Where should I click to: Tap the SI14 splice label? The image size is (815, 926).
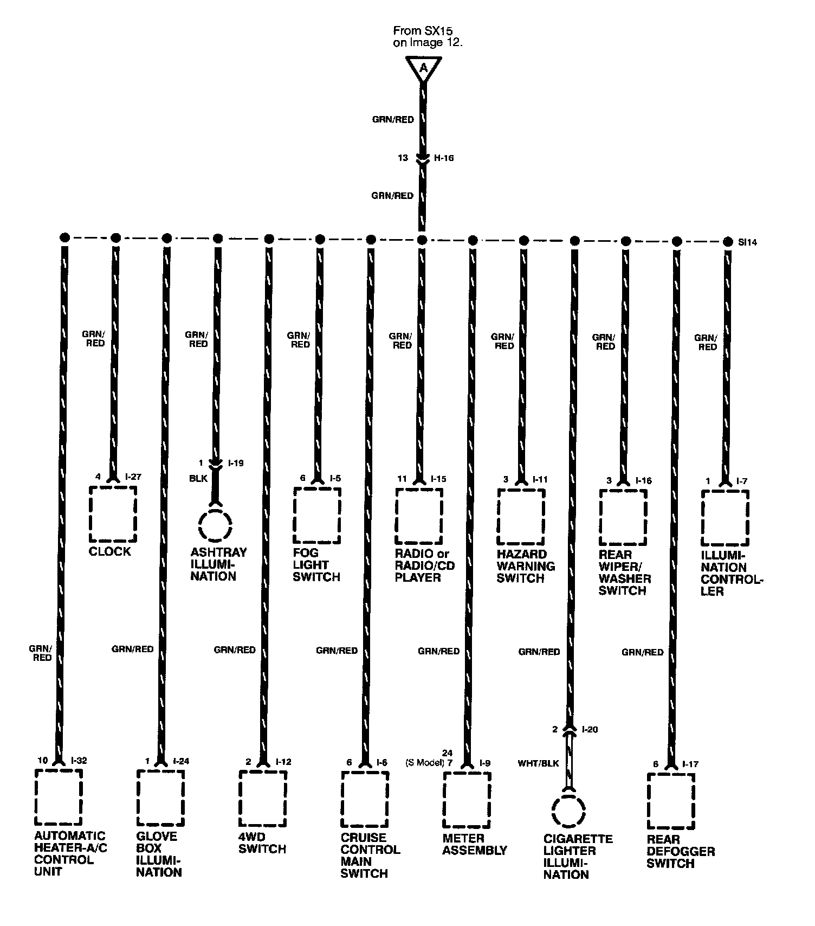click(x=747, y=242)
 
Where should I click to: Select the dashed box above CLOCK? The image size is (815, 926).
click(x=113, y=513)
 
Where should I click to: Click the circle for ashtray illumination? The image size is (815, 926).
click(x=215, y=525)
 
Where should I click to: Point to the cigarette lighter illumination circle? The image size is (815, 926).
click(x=568, y=812)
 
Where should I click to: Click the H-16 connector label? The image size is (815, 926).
click(x=444, y=158)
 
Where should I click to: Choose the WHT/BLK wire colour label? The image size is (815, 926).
click(x=538, y=763)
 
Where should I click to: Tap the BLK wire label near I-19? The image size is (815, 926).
click(x=198, y=479)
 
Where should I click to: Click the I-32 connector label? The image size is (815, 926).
click(x=78, y=761)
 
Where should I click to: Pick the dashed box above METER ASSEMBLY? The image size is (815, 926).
click(x=467, y=799)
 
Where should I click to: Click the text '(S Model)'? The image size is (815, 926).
click(x=425, y=763)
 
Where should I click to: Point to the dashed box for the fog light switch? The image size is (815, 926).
click(x=317, y=515)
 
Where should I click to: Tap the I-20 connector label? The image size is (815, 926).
click(x=590, y=730)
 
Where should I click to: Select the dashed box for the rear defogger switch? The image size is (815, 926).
click(x=671, y=801)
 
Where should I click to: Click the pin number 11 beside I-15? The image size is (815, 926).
click(x=402, y=479)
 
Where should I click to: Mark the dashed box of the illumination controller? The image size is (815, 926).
click(x=725, y=518)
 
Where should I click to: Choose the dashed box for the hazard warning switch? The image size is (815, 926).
click(x=521, y=517)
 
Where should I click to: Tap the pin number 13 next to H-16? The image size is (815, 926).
click(x=403, y=158)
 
